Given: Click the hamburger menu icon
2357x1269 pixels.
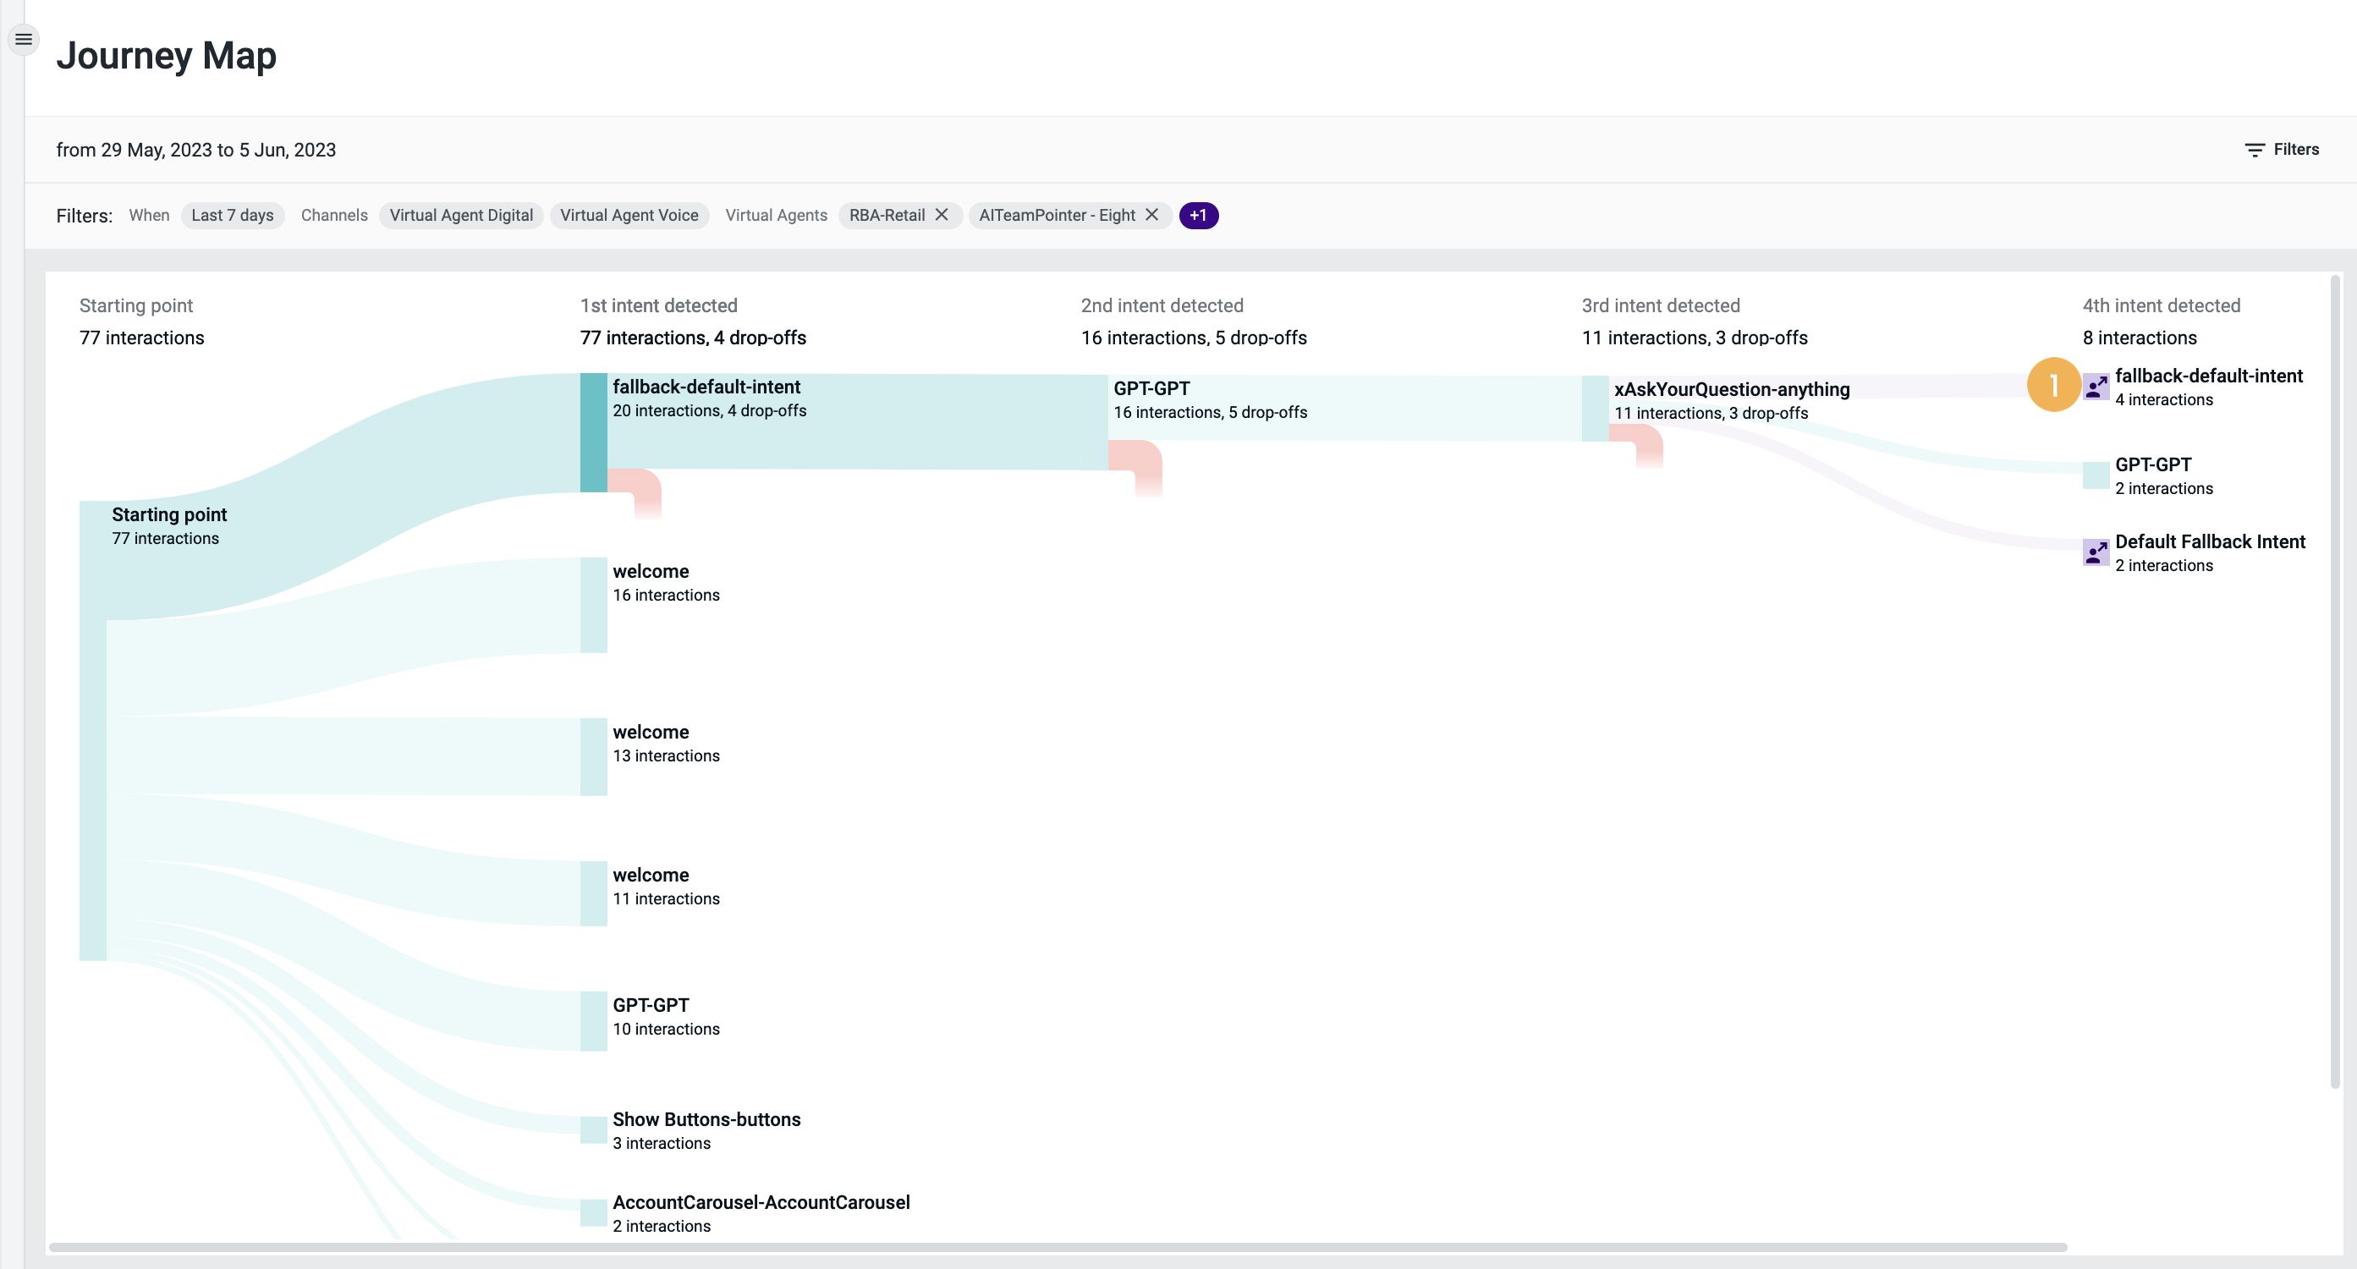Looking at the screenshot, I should click(x=24, y=40).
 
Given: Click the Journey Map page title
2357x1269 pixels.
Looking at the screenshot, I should click(x=166, y=56).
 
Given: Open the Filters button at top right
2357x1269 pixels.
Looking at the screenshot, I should click(x=2282, y=149).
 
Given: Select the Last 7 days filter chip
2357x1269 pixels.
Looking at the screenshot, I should click(x=233, y=215).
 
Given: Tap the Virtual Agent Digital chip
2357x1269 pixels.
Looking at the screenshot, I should click(x=461, y=215).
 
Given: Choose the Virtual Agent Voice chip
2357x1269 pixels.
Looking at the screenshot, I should click(x=629, y=215).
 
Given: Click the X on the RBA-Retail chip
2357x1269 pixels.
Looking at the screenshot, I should click(x=942, y=214).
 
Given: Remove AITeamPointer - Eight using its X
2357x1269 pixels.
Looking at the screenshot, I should click(x=1152, y=214).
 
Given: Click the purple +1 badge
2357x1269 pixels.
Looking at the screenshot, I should click(x=1198, y=215).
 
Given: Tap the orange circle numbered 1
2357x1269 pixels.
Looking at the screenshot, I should click(x=2053, y=384).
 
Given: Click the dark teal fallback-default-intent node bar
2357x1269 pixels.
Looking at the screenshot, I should click(x=593, y=431).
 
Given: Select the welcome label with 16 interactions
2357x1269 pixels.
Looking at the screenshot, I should click(x=651, y=571).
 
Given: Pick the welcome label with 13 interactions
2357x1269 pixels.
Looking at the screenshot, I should click(x=651, y=732).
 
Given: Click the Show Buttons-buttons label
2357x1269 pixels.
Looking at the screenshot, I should click(x=706, y=1119).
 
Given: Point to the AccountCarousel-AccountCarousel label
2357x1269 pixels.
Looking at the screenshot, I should click(x=761, y=1202).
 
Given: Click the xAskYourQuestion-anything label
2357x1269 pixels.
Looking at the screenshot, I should click(x=1731, y=389).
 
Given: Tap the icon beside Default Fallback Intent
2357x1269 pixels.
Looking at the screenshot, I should click(x=2096, y=552).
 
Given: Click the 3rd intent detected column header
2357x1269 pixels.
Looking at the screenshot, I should click(x=1660, y=305).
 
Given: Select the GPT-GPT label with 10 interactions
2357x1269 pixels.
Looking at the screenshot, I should click(x=651, y=1004).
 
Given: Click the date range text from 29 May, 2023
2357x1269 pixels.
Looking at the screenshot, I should click(x=195, y=150).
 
